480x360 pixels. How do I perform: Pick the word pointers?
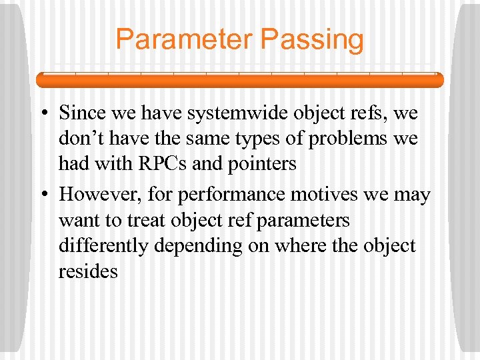[261, 163]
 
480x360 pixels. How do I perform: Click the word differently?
[103, 246]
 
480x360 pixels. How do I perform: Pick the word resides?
[88, 271]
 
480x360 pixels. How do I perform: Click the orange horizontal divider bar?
[239, 80]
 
